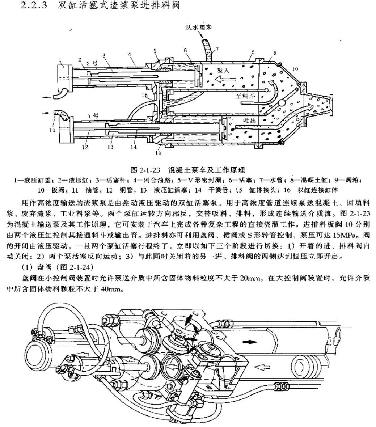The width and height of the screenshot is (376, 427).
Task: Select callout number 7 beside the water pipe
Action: [217, 48]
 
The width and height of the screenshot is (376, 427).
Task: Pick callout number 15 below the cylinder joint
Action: [158, 152]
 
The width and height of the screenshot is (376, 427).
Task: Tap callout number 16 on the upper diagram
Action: [145, 96]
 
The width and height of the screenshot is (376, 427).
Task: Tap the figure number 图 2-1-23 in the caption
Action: [145, 169]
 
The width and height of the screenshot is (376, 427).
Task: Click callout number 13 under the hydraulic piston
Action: [110, 147]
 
